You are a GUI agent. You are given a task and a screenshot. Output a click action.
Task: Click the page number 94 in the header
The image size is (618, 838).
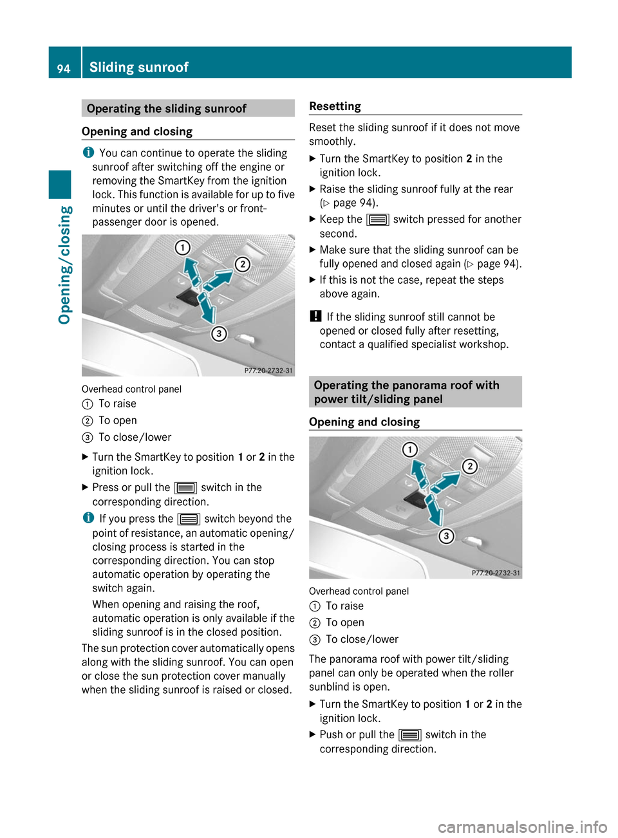click(64, 68)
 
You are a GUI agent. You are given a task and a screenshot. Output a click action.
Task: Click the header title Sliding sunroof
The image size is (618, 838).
click(138, 67)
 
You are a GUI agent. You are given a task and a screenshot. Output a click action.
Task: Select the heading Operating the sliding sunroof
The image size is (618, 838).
click(166, 109)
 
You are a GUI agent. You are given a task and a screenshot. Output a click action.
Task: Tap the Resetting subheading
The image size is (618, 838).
click(335, 106)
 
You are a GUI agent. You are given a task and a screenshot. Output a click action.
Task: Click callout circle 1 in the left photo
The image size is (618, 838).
click(183, 248)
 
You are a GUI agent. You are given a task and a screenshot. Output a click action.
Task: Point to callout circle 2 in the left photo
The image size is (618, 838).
click(242, 264)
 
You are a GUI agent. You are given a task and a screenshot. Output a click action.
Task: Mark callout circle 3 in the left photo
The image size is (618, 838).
click(219, 333)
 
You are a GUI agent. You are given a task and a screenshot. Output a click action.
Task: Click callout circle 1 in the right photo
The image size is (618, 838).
click(410, 449)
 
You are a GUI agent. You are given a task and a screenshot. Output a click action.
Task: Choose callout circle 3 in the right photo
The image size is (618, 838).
click(446, 535)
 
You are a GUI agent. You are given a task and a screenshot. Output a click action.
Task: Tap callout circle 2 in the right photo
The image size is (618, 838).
click(470, 466)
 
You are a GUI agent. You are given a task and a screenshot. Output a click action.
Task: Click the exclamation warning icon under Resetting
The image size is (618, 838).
click(315, 316)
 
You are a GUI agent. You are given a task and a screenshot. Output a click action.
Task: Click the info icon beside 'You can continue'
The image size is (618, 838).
click(88, 153)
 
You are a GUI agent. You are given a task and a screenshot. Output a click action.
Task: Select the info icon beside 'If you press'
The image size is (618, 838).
click(88, 518)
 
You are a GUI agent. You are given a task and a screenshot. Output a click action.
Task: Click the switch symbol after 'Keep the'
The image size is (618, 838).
click(378, 219)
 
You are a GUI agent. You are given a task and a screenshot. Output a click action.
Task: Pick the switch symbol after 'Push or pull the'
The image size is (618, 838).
click(410, 735)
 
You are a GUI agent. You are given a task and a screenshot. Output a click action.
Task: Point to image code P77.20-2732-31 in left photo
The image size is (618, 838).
click(268, 371)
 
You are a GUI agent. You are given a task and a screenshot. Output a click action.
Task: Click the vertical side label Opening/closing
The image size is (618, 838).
click(65, 265)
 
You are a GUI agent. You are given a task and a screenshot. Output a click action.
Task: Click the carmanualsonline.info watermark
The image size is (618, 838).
click(522, 826)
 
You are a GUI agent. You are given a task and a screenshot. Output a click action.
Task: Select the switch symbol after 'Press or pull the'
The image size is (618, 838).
click(185, 488)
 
